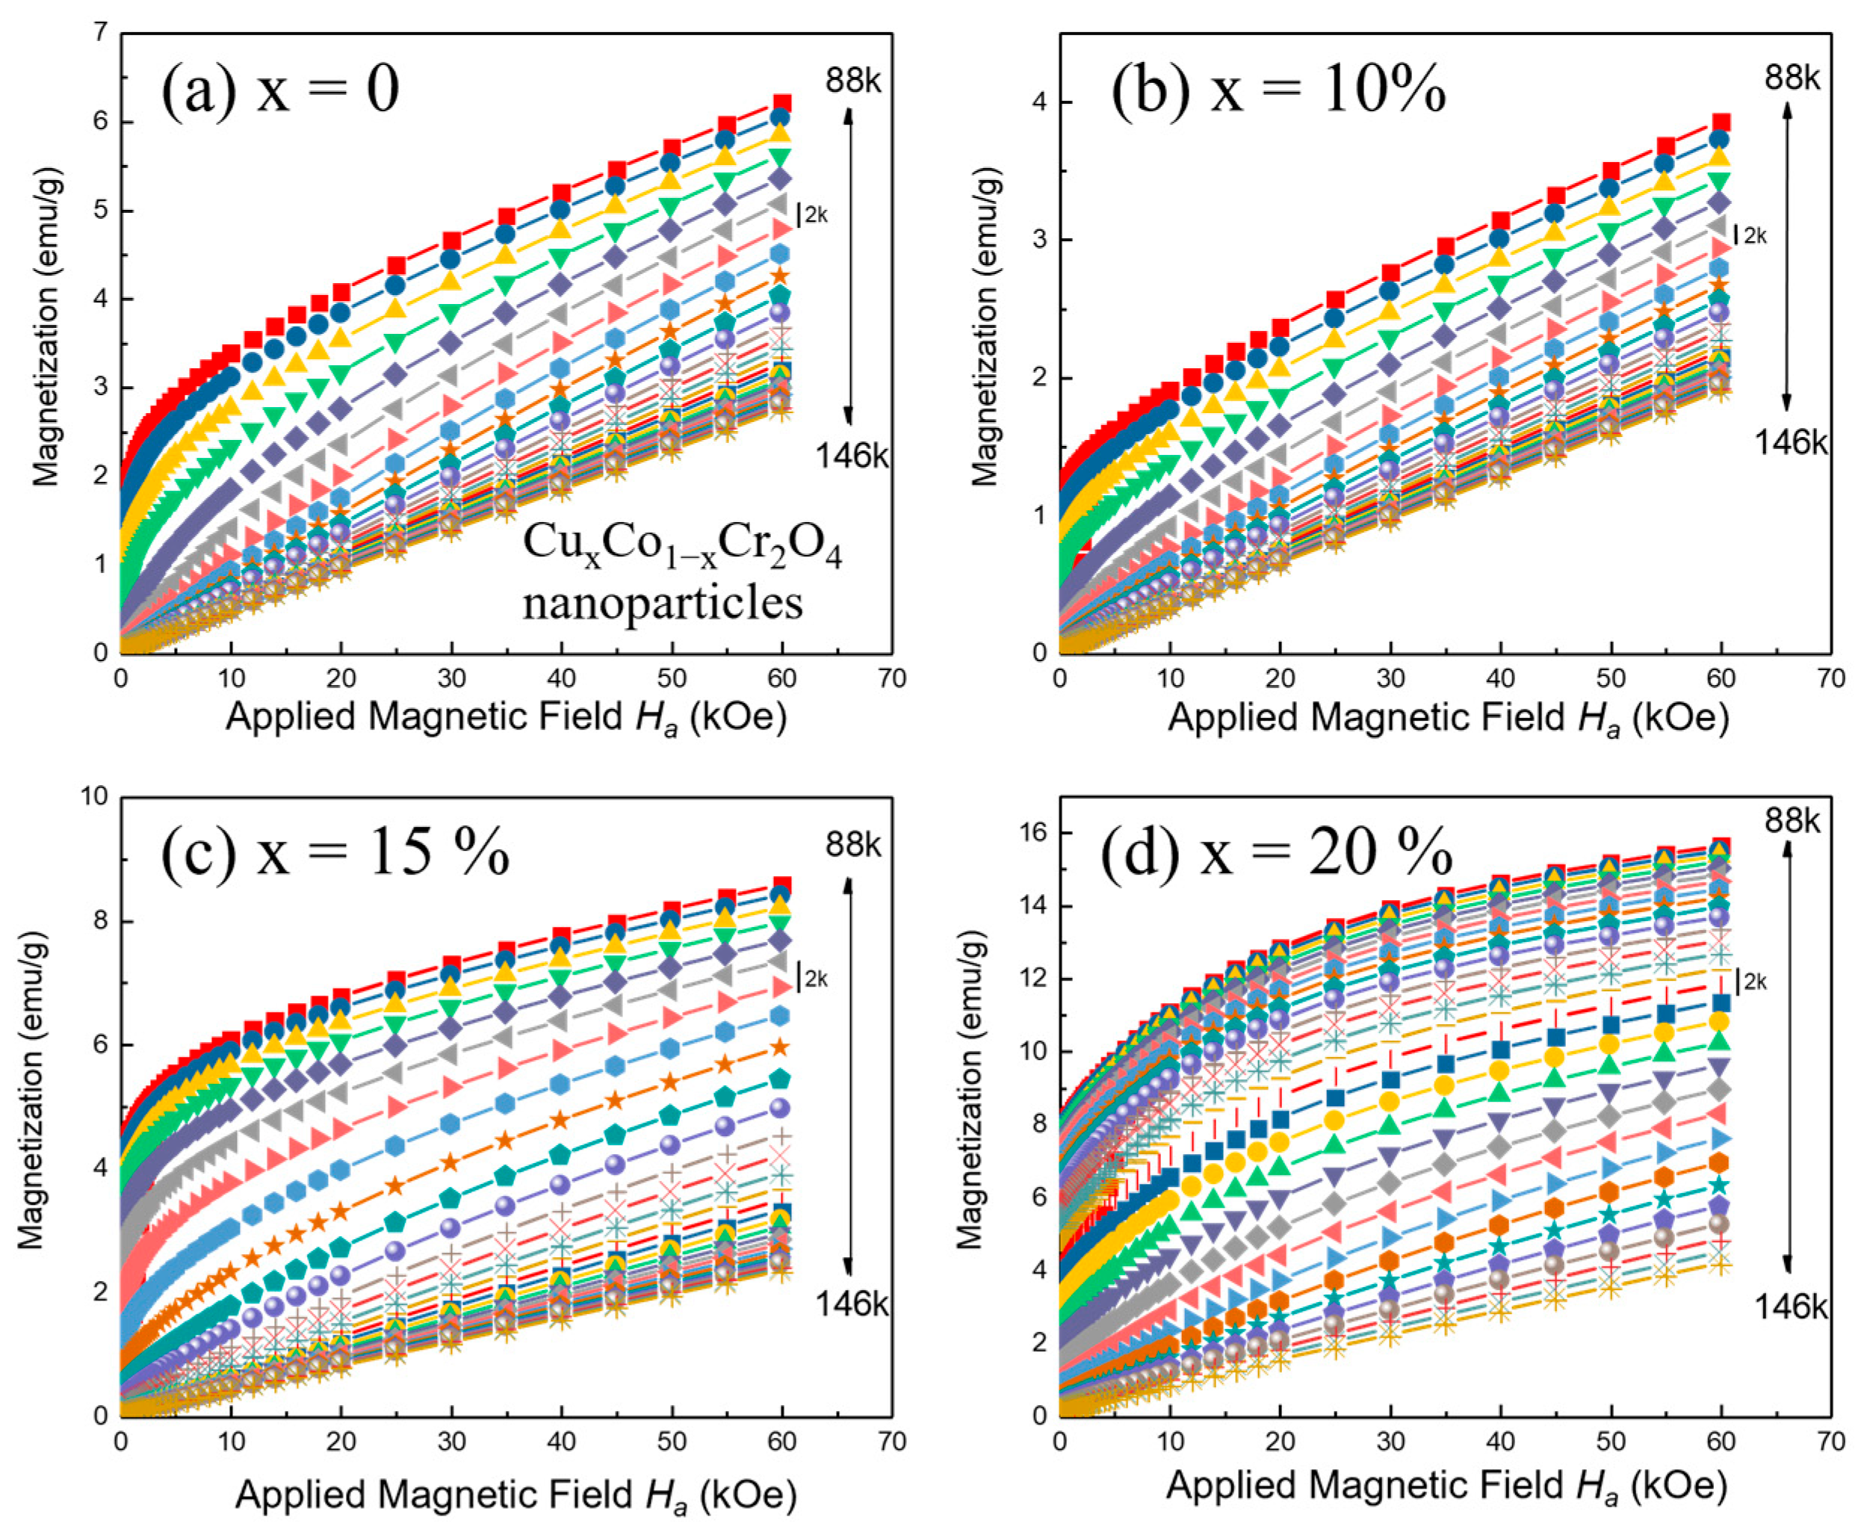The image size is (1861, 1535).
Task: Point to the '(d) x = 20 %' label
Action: pos(1275,852)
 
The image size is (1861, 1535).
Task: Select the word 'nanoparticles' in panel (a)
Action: pos(663,603)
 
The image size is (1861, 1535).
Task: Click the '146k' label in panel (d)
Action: pos(1790,1307)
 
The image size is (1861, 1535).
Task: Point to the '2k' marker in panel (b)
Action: pos(1754,235)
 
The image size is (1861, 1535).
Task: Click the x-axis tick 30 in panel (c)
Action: pos(451,1442)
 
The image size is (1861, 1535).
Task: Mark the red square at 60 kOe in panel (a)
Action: pos(782,103)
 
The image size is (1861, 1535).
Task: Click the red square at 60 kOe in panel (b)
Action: pos(1721,123)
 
